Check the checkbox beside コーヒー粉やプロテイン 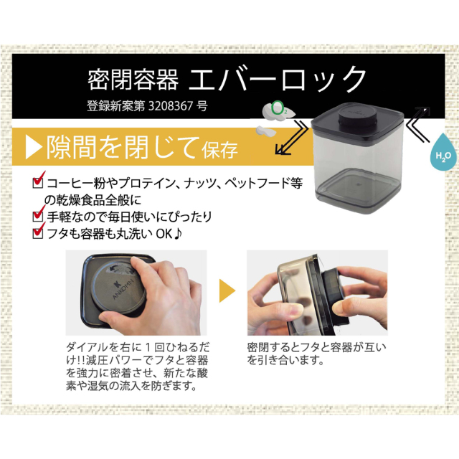[x=39, y=183]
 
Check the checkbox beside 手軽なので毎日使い [x=39, y=215]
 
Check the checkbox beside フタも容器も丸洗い [x=39, y=232]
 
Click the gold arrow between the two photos [x=227, y=291]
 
